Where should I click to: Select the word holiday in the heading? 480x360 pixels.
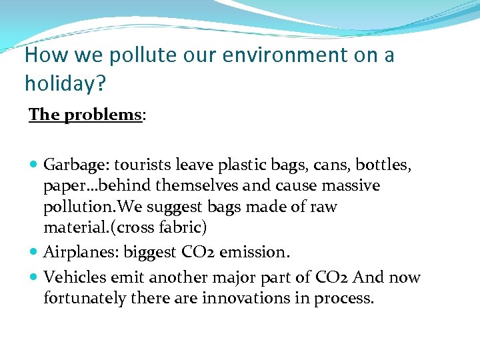(x=57, y=83)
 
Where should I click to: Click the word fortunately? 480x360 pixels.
(x=84, y=298)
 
